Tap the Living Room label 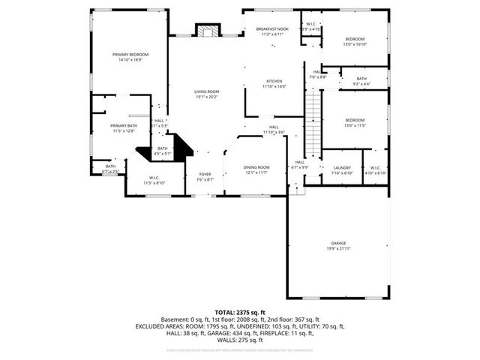coord(206,94)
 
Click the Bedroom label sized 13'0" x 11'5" coord(355,123)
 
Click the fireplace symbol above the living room coord(208,31)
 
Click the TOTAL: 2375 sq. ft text coord(240,311)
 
